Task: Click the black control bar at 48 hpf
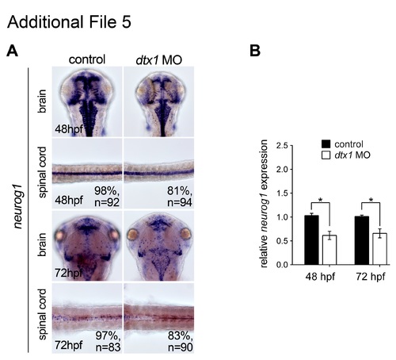point(311,240)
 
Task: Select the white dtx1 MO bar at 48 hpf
point(329,250)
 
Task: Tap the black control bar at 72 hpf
point(362,240)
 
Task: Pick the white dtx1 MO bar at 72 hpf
point(379,249)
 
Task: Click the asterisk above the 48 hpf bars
point(321,200)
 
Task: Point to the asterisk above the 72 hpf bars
point(371,200)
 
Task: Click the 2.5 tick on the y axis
point(291,145)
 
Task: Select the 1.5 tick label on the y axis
point(282,193)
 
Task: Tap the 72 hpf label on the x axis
point(371,277)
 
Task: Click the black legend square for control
point(326,144)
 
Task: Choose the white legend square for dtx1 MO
point(326,155)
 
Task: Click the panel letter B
point(255,51)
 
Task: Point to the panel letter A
point(12,51)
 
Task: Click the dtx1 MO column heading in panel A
point(159,60)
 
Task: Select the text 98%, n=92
point(107,197)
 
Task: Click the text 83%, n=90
point(180,342)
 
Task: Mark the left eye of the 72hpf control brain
point(60,235)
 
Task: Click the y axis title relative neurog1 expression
point(264,204)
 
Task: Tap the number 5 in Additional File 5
point(127,22)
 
